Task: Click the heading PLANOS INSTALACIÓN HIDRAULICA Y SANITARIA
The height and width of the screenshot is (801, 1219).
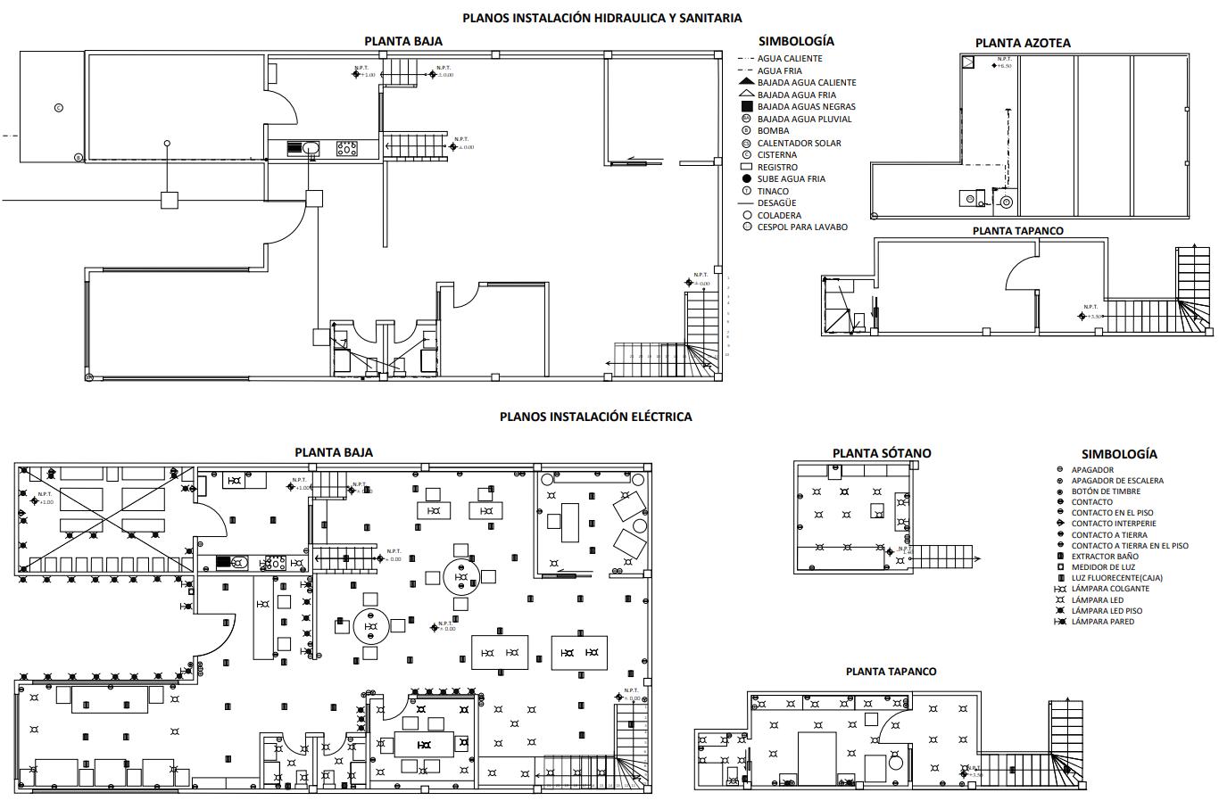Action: pos(601,18)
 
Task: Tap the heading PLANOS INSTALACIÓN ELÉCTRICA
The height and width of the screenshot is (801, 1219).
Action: pos(595,417)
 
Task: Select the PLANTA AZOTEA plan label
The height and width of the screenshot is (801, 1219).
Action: pos(1022,43)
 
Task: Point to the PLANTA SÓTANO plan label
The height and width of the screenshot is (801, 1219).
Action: pos(881,453)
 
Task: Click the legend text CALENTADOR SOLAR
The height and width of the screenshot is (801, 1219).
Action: pos(799,143)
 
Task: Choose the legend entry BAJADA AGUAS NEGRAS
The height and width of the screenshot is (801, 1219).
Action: pos(806,107)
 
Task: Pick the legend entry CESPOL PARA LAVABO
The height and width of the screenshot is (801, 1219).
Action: pos(802,227)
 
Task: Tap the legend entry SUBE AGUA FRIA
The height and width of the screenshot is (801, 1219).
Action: pos(791,179)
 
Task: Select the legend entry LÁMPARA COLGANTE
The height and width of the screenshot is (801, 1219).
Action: pos(1110,589)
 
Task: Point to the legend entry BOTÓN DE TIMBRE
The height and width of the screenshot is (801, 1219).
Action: pos(1106,491)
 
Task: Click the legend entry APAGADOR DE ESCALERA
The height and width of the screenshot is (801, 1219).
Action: pos(1117,481)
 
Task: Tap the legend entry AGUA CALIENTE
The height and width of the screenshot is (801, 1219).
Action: pos(790,59)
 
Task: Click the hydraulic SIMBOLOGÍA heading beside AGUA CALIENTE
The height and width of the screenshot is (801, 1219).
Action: pos(796,41)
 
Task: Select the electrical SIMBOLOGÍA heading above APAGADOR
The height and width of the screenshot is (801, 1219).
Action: pos(1119,454)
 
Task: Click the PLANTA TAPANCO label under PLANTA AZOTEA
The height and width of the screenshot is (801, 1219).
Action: pos(1017,231)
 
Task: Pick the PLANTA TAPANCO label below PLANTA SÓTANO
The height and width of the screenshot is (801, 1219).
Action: pos(891,672)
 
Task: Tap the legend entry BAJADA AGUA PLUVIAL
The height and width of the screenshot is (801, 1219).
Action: pos(804,119)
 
